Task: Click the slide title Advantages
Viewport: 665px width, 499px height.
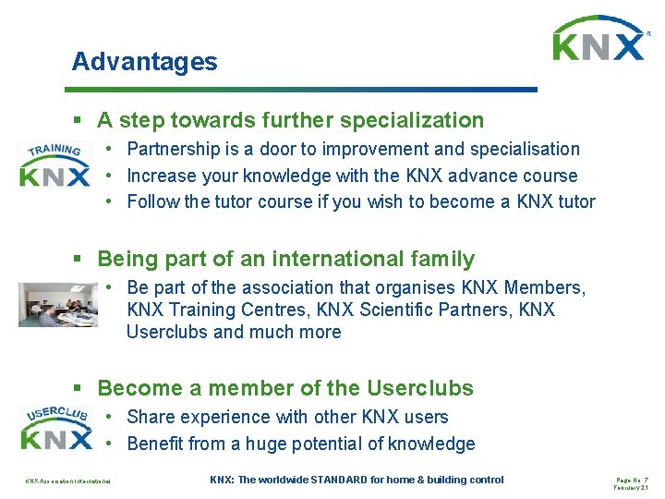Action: [145, 62]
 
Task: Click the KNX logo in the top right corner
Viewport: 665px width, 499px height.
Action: [598, 40]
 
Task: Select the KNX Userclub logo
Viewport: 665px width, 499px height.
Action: [55, 426]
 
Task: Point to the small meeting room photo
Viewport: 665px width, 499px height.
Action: [57, 304]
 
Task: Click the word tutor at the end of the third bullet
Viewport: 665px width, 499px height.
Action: [574, 201]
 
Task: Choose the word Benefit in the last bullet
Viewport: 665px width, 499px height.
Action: [154, 444]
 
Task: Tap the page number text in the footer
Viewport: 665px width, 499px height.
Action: [632, 479]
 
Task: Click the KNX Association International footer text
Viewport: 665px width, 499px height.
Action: [68, 481]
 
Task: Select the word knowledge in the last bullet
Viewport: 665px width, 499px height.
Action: [430, 444]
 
